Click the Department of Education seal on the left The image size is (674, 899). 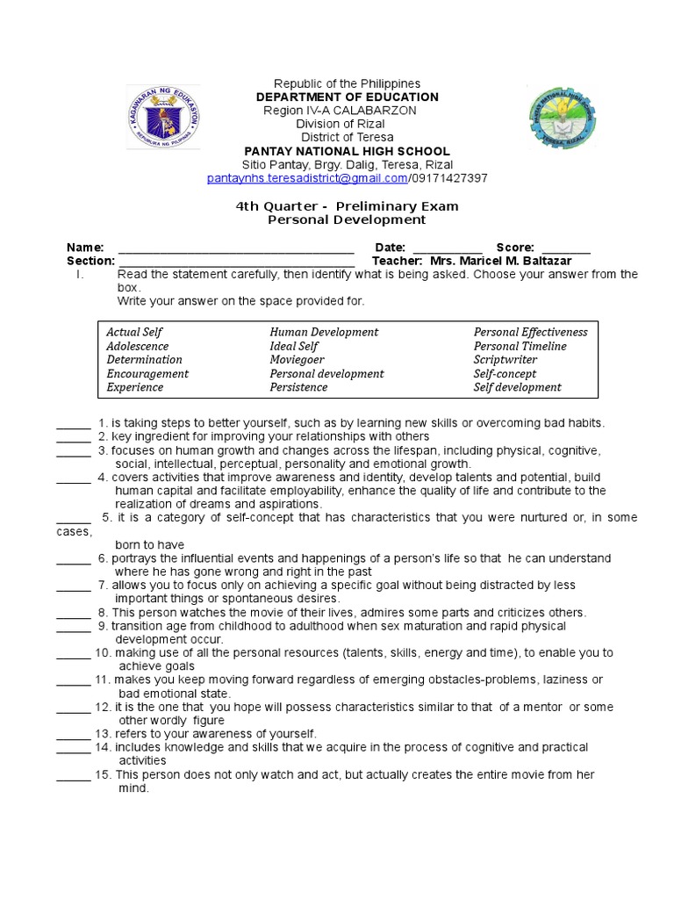pyautogui.click(x=163, y=117)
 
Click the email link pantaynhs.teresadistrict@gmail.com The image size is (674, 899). pyautogui.click(x=307, y=178)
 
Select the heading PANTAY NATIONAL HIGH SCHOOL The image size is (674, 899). pyautogui.click(x=347, y=151)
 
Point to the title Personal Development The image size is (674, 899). pyautogui.click(x=347, y=219)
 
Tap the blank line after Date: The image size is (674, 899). pyautogui.click(x=447, y=249)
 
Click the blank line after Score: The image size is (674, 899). pyautogui.click(x=566, y=249)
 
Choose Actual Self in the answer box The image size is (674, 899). pyautogui.click(x=134, y=332)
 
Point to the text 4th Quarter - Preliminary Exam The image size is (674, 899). pyautogui.click(x=347, y=206)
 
